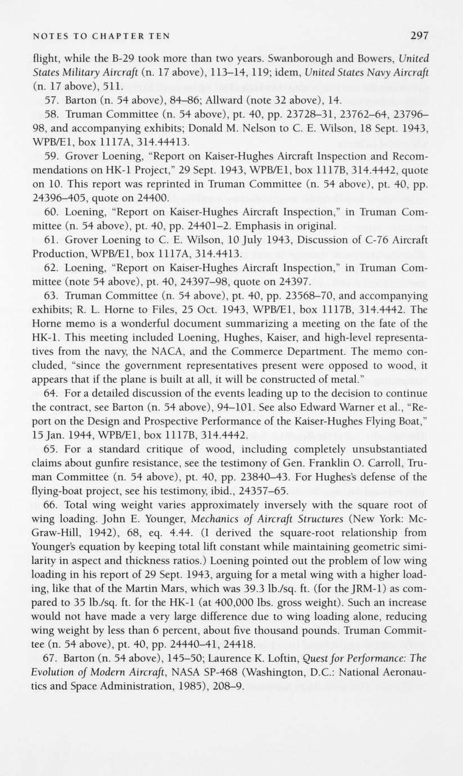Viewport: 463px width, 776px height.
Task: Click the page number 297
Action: (x=419, y=36)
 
